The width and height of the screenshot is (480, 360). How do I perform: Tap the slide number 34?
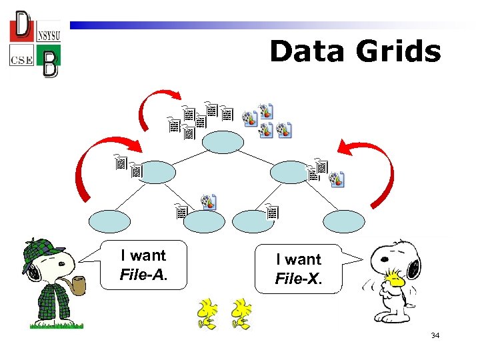pyautogui.click(x=435, y=335)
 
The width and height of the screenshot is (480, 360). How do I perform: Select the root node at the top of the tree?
pyautogui.click(x=223, y=142)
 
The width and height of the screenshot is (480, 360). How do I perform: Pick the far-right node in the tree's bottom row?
pyautogui.click(x=344, y=221)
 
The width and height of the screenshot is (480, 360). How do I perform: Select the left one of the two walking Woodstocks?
pyautogui.click(x=207, y=314)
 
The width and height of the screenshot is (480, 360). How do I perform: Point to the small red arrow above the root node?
pyautogui.click(x=151, y=107)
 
